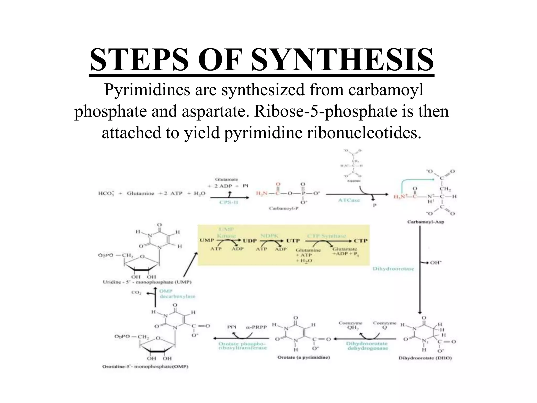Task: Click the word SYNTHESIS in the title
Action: click(342, 60)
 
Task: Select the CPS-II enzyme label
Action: click(229, 202)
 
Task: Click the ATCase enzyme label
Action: click(349, 200)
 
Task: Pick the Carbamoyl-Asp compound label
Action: click(425, 222)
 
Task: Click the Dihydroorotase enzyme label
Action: click(393, 269)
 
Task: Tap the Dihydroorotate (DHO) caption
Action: click(425, 358)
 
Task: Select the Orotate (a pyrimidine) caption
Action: click(304, 357)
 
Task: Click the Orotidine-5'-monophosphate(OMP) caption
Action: click(145, 367)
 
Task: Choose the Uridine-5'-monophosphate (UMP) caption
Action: click(147, 282)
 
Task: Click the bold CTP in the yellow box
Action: click(361, 241)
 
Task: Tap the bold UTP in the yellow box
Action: click(293, 241)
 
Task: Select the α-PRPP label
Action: click(257, 327)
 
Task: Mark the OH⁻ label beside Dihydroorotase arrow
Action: click(436, 262)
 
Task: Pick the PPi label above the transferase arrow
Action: click(232, 327)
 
